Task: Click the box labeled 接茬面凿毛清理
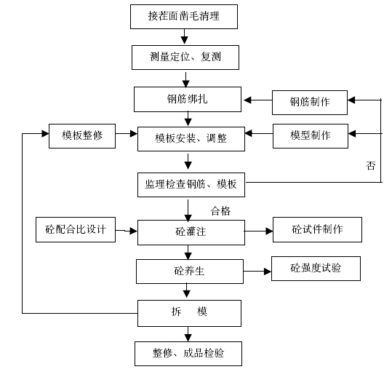[184, 17]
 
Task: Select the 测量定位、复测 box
[185, 58]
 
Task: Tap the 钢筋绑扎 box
[188, 99]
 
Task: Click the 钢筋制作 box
[310, 103]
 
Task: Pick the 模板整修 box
[82, 136]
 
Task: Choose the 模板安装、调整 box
[191, 139]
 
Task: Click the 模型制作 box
[311, 136]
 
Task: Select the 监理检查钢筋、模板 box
[191, 185]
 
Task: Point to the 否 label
[370, 166]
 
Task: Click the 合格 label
[220, 211]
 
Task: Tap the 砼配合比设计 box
[76, 229]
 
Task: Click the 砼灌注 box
[191, 232]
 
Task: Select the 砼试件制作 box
[317, 229]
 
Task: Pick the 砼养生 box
[190, 272]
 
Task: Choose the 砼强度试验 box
[316, 269]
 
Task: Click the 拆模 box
[189, 314]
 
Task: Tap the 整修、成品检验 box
[188, 354]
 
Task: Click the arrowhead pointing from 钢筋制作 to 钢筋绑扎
[247, 100]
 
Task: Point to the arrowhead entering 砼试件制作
[269, 231]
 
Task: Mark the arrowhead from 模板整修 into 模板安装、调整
[134, 133]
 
